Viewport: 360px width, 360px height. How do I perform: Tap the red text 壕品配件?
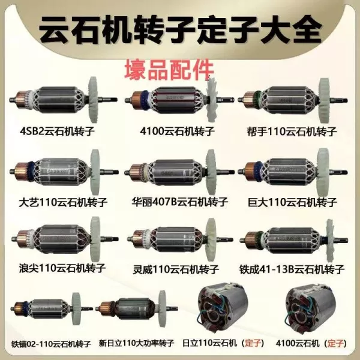coord(169,70)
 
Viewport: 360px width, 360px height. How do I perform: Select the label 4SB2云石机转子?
coord(57,131)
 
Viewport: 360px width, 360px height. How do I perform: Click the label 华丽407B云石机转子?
coord(179,202)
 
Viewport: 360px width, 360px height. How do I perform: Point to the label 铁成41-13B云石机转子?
coord(292,269)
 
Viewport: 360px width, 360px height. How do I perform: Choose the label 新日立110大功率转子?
coord(136,343)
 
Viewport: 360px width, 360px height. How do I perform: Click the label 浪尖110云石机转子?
coord(62,268)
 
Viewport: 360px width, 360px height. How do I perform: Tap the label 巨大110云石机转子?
coord(292,202)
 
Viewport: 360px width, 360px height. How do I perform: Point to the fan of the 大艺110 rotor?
coord(95,172)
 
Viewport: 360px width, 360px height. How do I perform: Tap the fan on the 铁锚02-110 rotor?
coord(76,309)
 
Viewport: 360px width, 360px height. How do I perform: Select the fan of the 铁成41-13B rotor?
coord(330,241)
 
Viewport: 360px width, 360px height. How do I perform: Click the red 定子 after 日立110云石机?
coord(253,343)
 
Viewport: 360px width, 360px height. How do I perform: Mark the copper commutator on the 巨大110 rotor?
coord(251,172)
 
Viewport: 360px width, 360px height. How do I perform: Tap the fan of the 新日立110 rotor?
coord(162,308)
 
